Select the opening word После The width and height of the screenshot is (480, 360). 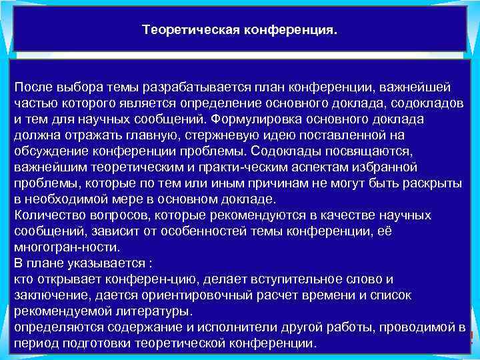35,88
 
